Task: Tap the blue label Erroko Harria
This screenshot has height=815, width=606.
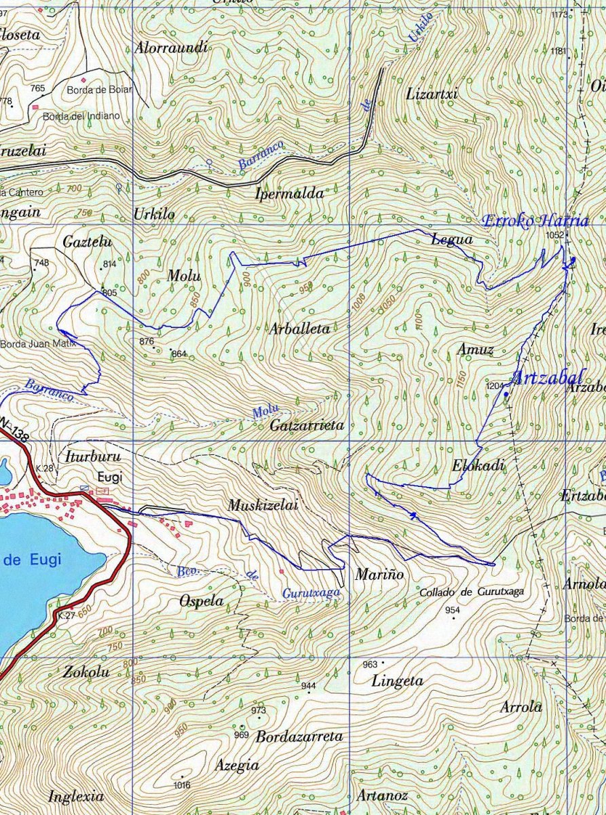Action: click(535, 221)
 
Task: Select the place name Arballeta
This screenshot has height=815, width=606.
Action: click(299, 329)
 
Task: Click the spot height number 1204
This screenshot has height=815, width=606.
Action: click(495, 385)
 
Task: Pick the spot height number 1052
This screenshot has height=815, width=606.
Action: click(554, 235)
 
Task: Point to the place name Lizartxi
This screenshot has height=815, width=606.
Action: click(432, 94)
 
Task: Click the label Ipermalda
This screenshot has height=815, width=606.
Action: click(289, 194)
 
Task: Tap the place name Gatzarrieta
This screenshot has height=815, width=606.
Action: click(307, 425)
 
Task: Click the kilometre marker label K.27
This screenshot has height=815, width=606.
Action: click(67, 616)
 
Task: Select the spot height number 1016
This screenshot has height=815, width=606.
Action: click(182, 785)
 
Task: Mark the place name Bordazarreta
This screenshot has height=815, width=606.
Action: click(299, 736)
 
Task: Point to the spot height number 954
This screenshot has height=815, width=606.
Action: click(453, 610)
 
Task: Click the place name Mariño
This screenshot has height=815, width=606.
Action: click(379, 575)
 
